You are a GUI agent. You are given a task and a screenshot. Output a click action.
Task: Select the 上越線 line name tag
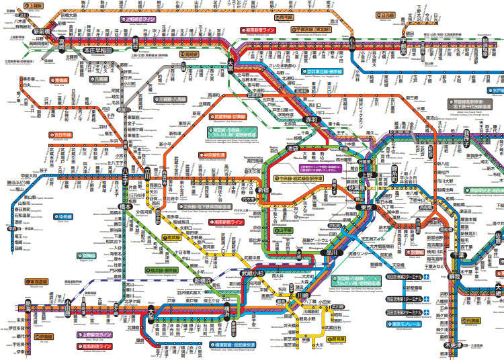click(x=33, y=5)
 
